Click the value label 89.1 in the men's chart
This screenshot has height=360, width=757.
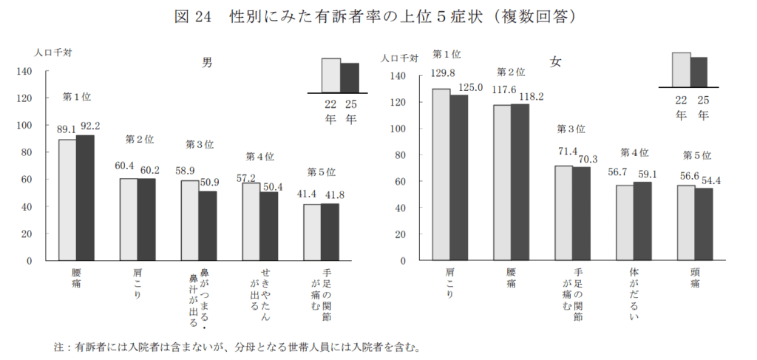(x=67, y=129)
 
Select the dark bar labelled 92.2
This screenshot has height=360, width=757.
(x=85, y=197)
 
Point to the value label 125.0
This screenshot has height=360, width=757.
(x=471, y=87)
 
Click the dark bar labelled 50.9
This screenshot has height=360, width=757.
(x=208, y=225)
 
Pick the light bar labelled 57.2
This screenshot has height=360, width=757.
(x=251, y=222)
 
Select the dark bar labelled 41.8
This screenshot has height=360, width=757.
(x=330, y=232)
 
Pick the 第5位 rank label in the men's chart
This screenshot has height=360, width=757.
(x=322, y=172)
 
